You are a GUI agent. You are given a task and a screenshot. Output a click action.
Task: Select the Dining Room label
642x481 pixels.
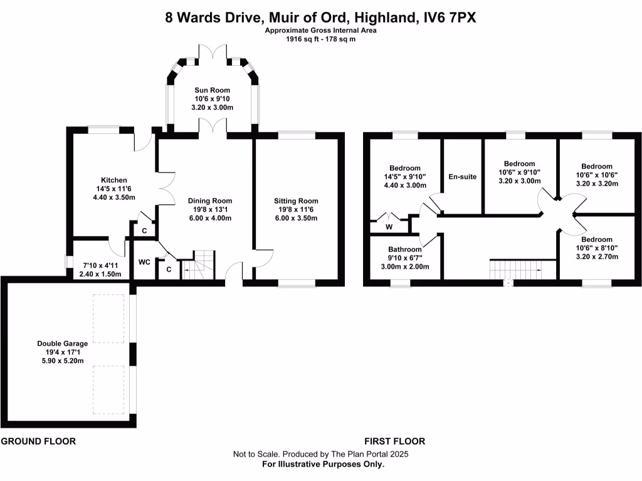click(x=210, y=201)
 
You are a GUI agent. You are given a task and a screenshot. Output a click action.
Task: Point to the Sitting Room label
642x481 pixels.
click(x=296, y=201)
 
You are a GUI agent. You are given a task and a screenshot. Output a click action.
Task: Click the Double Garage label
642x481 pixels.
click(x=62, y=343)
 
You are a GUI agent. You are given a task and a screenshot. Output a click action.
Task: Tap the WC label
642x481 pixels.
click(x=144, y=262)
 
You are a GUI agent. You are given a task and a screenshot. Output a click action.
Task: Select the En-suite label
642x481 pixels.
click(x=462, y=177)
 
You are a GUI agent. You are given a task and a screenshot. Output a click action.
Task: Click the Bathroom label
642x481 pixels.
click(x=405, y=249)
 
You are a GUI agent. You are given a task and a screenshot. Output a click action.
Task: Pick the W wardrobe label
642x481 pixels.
click(x=389, y=227)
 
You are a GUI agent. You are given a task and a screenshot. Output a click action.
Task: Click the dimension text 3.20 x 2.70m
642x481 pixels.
click(x=596, y=256)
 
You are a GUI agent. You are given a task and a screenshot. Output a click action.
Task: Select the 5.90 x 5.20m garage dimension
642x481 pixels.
click(x=62, y=361)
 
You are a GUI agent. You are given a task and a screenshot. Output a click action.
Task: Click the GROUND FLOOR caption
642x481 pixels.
click(x=38, y=441)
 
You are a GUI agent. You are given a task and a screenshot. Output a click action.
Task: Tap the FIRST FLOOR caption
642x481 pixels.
click(x=394, y=441)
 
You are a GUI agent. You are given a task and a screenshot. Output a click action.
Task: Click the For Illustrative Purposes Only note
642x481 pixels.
click(x=322, y=464)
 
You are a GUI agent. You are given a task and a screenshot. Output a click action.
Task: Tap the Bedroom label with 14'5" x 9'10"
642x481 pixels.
click(x=404, y=168)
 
